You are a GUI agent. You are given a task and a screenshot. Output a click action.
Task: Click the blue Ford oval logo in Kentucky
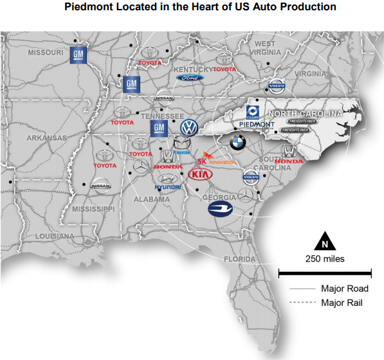pos(189,77)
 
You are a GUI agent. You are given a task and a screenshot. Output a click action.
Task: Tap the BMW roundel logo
pos(238,142)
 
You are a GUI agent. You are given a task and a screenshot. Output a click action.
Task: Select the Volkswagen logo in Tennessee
pos(189,126)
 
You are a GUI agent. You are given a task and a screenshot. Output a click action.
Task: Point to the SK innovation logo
pos(218,158)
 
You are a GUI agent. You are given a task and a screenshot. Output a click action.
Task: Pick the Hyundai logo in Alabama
pos(168,182)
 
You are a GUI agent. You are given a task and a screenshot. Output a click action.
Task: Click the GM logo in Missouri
pos(78,55)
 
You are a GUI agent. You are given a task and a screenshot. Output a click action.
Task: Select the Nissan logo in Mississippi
pos(101,185)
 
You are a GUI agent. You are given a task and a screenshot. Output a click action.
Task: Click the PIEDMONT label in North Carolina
pos(256,124)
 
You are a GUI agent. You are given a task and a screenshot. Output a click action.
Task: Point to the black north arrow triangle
pos(325,242)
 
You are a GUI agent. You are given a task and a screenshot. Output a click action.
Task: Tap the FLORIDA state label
pos(240,259)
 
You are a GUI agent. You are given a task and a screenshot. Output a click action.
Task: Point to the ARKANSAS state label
pos(46,138)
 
